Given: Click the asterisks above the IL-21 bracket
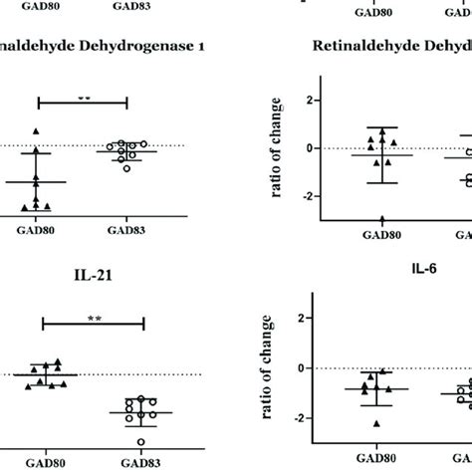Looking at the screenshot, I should click(93, 313).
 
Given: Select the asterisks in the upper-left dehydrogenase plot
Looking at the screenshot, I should click(84, 99).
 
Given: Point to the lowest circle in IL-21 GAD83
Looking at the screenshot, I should click(141, 441).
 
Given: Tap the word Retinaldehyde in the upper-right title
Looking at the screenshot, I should click(359, 46).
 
